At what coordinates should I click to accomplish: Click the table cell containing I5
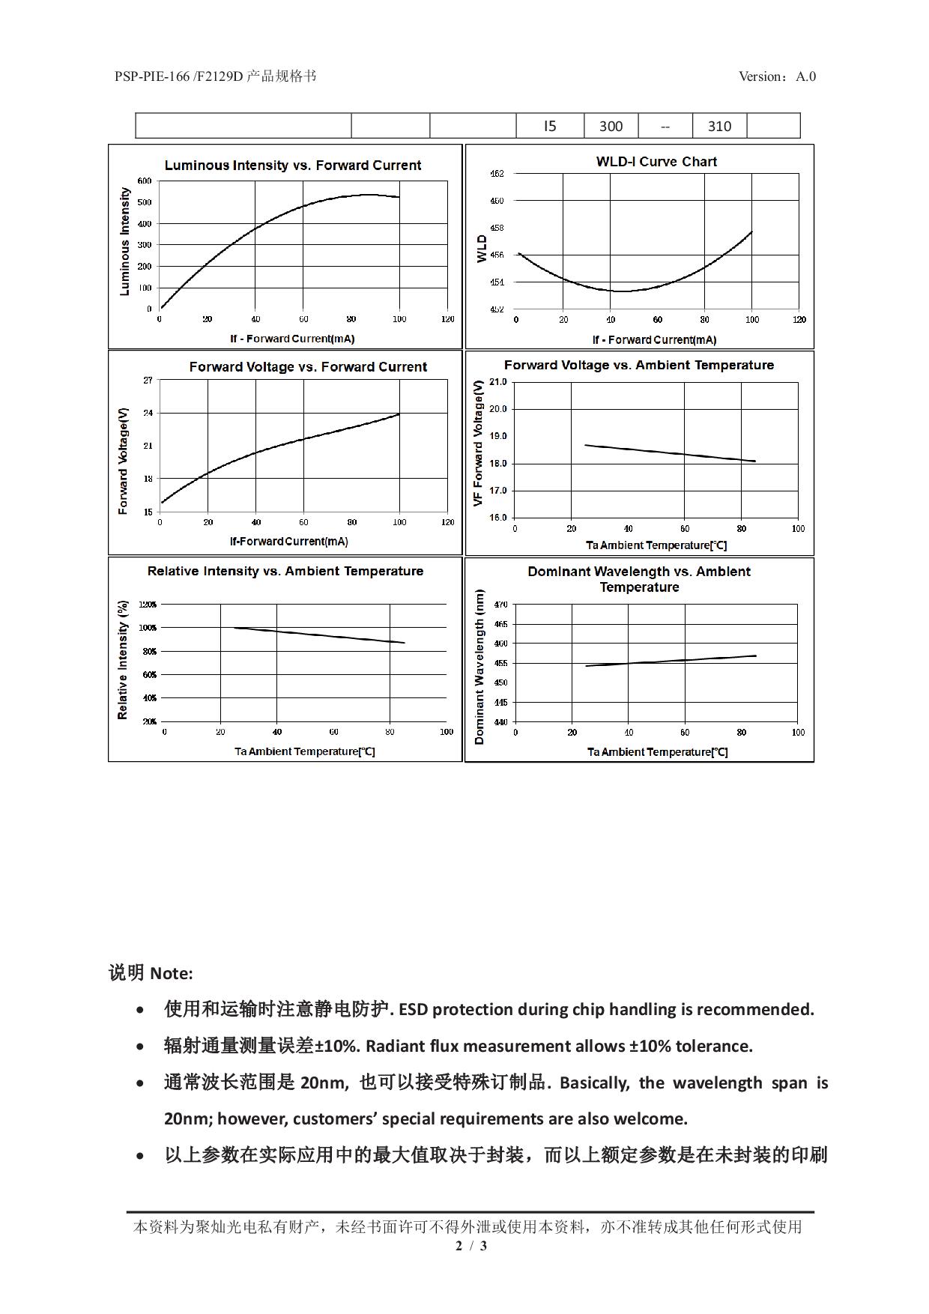click(550, 126)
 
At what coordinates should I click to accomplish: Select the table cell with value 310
click(719, 126)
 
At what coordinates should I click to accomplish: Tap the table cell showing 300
click(611, 126)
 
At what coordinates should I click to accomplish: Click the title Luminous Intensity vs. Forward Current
click(293, 166)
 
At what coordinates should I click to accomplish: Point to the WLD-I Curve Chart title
click(656, 162)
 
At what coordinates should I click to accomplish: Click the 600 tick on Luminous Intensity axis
click(144, 181)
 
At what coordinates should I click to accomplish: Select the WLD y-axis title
click(482, 249)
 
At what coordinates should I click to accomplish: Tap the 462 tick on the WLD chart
click(497, 174)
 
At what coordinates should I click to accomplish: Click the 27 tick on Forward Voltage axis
click(148, 381)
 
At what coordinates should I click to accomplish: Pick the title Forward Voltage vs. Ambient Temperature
click(638, 366)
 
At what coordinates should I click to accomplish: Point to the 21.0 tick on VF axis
click(497, 382)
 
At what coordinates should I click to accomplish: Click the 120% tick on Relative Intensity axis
click(148, 604)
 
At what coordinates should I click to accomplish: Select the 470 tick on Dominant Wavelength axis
click(501, 605)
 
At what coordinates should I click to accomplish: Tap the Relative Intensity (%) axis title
click(123, 660)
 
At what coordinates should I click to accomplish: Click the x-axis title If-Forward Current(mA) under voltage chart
click(288, 542)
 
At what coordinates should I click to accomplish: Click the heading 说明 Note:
click(151, 973)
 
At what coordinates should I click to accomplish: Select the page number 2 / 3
click(471, 1246)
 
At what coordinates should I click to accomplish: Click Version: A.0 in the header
click(777, 76)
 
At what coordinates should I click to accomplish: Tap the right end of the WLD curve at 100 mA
click(751, 232)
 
